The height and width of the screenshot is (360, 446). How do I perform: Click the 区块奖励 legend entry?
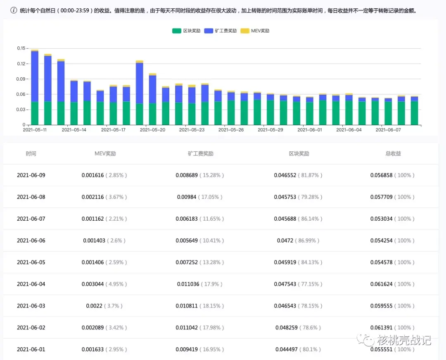pyautogui.click(x=186, y=31)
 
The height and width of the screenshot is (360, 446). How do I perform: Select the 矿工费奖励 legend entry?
pyautogui.click(x=221, y=31)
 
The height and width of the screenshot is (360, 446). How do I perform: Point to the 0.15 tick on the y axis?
pyautogui.click(x=21, y=48)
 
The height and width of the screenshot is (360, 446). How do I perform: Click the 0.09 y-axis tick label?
pyautogui.click(x=21, y=79)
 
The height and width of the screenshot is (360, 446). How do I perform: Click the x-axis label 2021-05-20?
pyautogui.click(x=152, y=130)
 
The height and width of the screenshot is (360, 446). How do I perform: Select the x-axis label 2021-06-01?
pyautogui.click(x=309, y=130)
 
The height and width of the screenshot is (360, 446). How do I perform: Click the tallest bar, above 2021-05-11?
pyautogui.click(x=35, y=87)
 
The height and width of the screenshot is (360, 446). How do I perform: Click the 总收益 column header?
pyautogui.click(x=393, y=154)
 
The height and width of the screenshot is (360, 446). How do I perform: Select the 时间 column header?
pyautogui.click(x=31, y=154)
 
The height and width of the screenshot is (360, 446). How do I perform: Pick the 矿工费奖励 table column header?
pyautogui.click(x=200, y=154)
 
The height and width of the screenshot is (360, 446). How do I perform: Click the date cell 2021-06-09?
pyautogui.click(x=31, y=175)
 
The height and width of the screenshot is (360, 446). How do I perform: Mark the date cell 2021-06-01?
pyautogui.click(x=31, y=350)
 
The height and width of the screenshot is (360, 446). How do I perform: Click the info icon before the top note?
pyautogui.click(x=14, y=10)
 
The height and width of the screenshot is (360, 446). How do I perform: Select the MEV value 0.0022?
pyautogui.click(x=91, y=306)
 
